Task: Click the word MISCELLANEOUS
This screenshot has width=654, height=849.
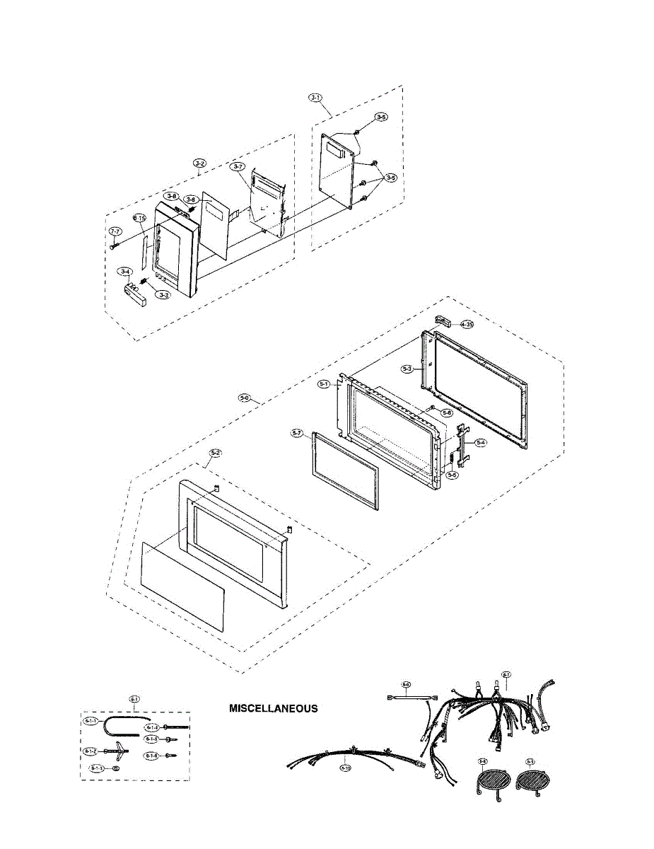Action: click(273, 708)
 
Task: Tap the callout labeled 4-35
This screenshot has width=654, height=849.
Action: click(466, 324)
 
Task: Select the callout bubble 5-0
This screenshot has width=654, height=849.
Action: click(245, 397)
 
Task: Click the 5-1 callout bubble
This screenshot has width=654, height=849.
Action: click(325, 384)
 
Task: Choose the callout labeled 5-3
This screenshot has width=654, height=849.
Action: click(407, 369)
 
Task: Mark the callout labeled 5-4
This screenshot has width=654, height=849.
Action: click(481, 442)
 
